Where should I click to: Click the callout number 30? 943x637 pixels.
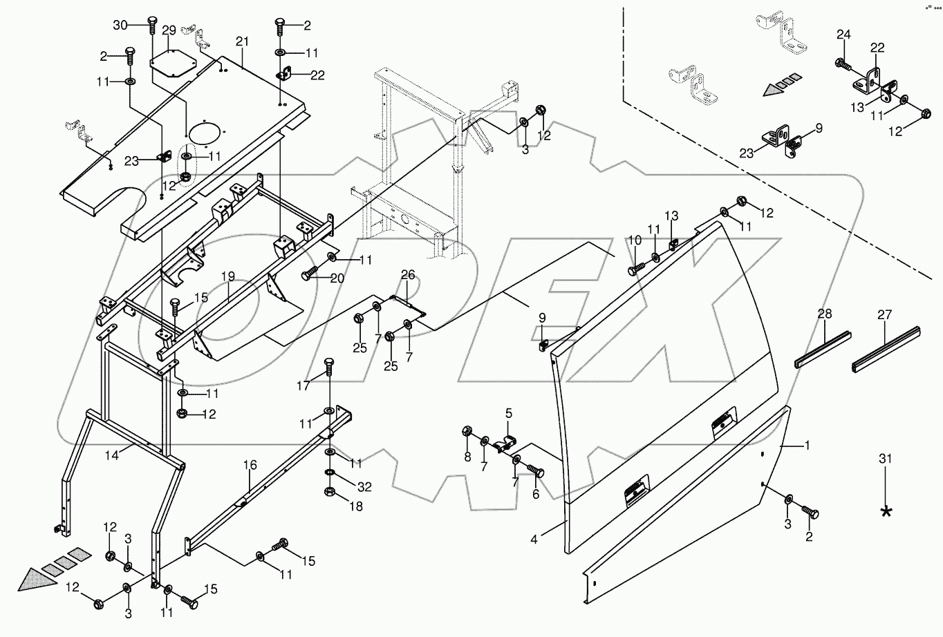pos(120,25)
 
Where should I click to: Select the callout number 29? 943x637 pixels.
pos(169,32)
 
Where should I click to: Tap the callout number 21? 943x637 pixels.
pos(241,43)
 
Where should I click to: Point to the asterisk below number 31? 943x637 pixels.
pos(886,512)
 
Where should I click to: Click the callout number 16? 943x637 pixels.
pos(250,467)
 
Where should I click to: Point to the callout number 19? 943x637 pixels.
pos(229,277)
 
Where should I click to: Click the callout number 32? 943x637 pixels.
pos(364,487)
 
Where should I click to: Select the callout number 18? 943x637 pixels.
pos(356,506)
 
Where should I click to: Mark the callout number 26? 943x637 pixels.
pos(407,276)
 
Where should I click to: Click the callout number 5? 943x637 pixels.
pos(508,414)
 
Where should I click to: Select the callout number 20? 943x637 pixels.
pos(337,278)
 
